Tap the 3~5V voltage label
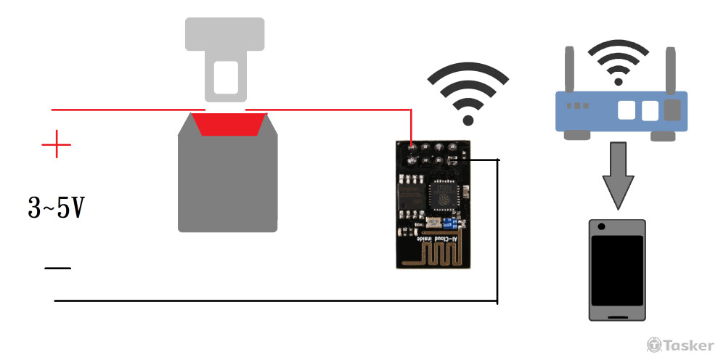click(56, 209)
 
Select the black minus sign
click(57, 269)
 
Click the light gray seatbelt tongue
click(224, 58)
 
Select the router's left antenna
click(570, 69)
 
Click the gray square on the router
click(673, 110)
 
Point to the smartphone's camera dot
click(601, 226)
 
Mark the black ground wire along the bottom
click(276, 300)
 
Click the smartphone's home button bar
click(617, 316)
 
